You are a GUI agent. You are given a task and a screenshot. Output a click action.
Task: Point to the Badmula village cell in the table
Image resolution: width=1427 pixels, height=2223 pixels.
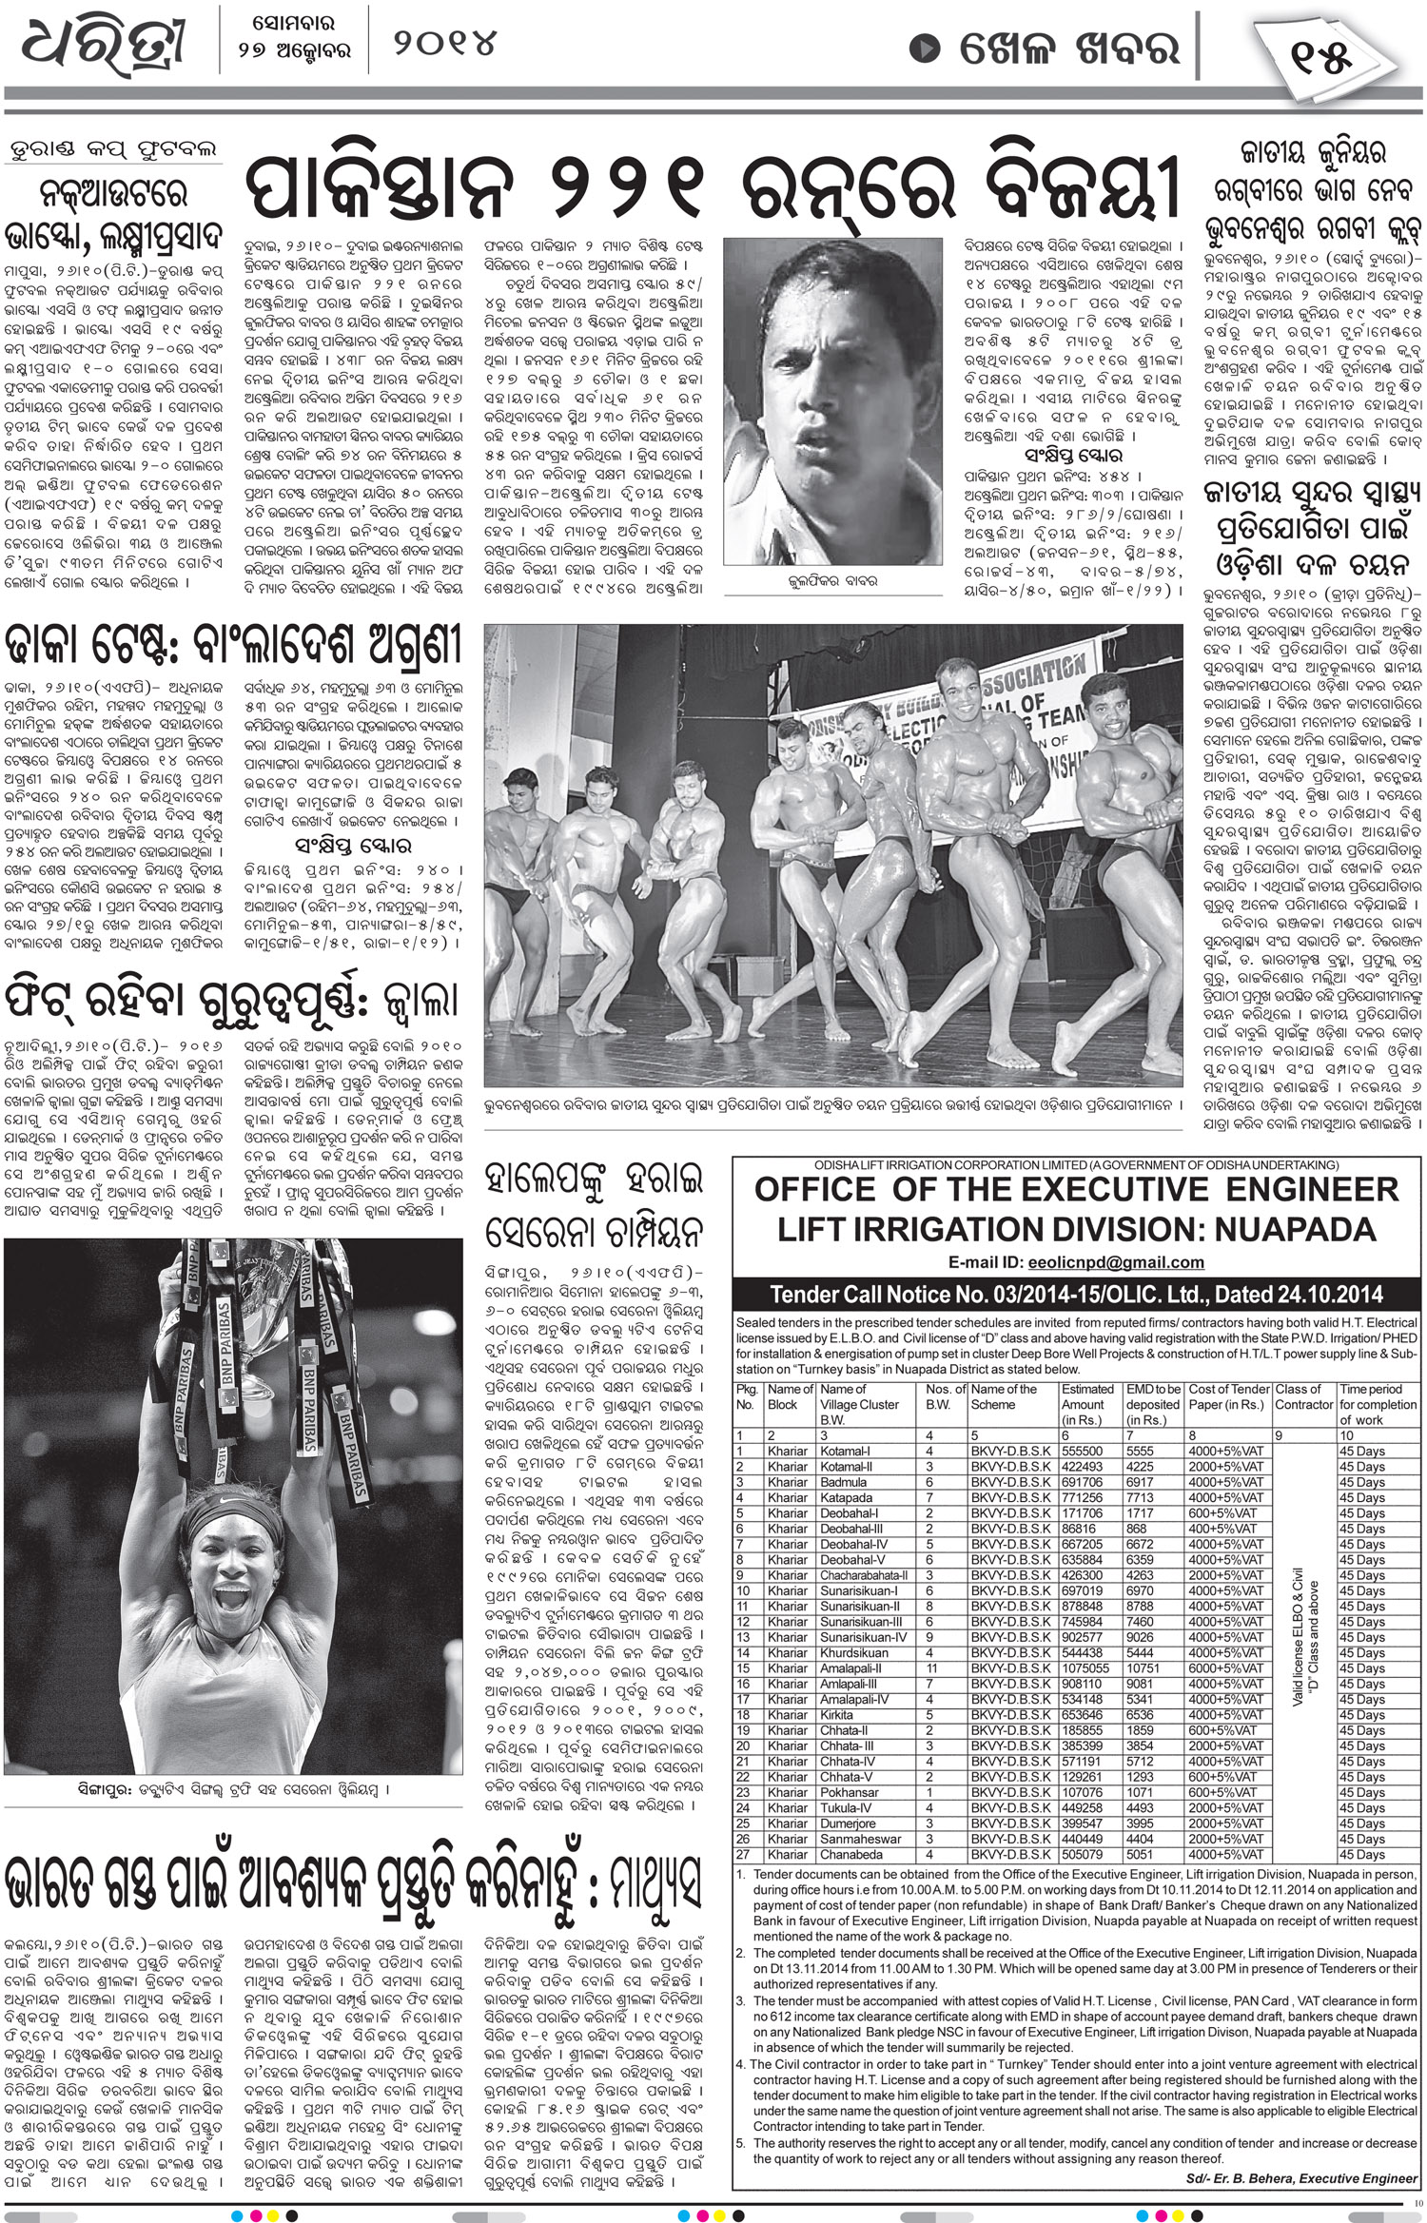[x=843, y=1482]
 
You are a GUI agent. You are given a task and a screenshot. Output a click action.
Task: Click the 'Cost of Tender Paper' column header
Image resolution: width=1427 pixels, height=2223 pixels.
[x=1229, y=1396]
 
